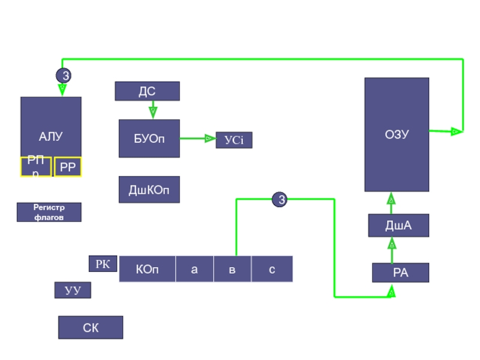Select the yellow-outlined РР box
click(x=68, y=167)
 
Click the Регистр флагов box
click(x=49, y=212)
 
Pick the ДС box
click(x=147, y=91)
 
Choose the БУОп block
click(x=149, y=139)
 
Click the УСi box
click(x=234, y=140)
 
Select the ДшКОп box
click(x=149, y=190)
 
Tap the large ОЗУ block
click(x=397, y=134)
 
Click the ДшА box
click(x=398, y=226)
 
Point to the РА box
click(x=400, y=273)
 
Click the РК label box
click(x=103, y=263)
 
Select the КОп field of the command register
click(x=148, y=269)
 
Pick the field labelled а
click(x=194, y=269)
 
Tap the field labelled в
click(x=232, y=269)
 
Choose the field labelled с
click(x=272, y=269)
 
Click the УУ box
click(x=73, y=290)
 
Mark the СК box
click(x=91, y=328)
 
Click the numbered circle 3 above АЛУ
click(x=63, y=76)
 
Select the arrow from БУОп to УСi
click(x=197, y=139)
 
